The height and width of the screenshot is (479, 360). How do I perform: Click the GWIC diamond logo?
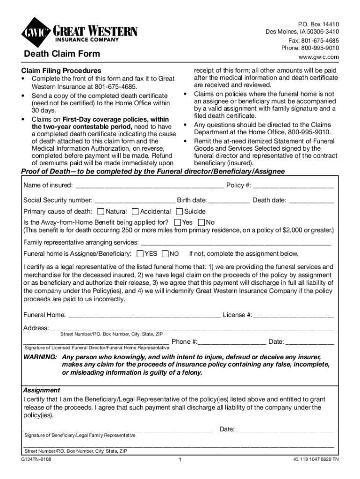tap(36, 32)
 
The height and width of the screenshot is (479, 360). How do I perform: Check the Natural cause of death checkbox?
tap(101, 211)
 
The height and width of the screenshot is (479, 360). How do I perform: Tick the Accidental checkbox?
tap(135, 211)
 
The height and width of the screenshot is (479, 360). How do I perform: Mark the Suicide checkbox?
tap(179, 211)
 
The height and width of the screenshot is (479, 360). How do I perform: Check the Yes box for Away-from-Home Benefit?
tap(177, 222)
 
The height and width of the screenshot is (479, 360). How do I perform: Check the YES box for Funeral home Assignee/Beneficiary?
tap(140, 254)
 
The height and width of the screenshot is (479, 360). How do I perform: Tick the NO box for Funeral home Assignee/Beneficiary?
tap(165, 254)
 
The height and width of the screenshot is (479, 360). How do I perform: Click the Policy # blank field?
tap(294, 186)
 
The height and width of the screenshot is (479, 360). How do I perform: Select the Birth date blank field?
tap(229, 201)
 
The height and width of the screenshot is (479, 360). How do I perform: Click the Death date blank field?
tap(311, 201)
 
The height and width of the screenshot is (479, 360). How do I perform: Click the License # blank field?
tap(294, 315)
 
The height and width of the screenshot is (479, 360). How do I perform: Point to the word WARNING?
tap(40, 357)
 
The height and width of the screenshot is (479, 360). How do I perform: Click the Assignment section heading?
tap(42, 390)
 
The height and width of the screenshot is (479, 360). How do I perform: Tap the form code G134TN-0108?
tap(37, 459)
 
